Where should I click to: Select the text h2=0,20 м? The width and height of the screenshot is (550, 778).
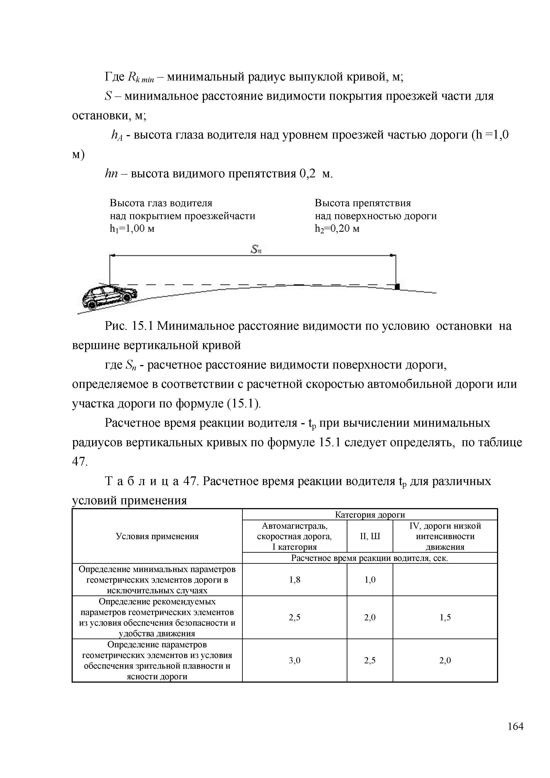337,229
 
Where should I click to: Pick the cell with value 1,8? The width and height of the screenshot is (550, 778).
294,580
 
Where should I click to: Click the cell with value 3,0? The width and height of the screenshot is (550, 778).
294,660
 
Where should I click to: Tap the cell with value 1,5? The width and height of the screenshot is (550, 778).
445,617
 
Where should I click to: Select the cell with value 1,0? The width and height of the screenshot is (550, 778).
370,580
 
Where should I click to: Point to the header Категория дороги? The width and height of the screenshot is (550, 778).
370,515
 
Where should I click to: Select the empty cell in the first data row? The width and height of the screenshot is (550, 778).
445,580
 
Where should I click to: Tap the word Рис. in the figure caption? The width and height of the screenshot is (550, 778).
115,326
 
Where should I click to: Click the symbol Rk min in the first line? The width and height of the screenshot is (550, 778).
141,78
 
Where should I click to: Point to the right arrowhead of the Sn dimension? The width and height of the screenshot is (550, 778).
393,255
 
